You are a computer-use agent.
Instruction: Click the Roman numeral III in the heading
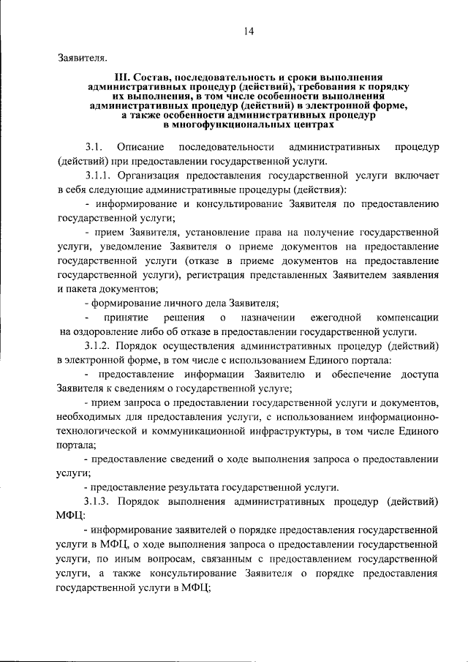(122, 77)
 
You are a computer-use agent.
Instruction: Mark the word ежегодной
(334, 317)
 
